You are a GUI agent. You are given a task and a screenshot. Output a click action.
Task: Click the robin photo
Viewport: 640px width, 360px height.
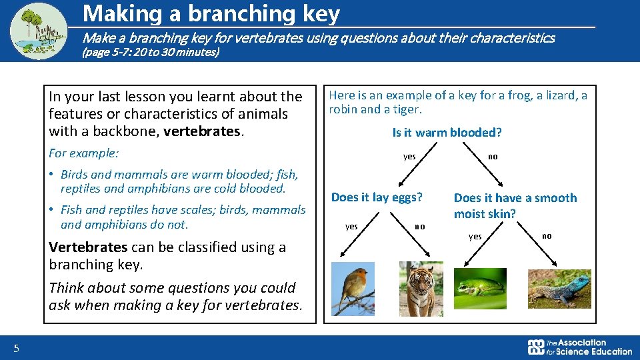[x=353, y=289]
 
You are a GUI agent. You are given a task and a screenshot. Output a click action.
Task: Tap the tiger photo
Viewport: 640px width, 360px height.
[x=421, y=289]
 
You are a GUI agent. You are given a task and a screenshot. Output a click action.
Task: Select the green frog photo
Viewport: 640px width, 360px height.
[x=480, y=289]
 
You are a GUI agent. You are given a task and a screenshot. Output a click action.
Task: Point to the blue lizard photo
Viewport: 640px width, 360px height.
[x=559, y=289]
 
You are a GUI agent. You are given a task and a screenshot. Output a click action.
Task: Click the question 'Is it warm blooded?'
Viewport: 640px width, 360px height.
[x=447, y=132]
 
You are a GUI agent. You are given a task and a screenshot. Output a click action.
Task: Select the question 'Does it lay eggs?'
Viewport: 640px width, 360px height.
[x=377, y=197]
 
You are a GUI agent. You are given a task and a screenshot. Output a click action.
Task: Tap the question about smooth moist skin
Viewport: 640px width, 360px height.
[x=515, y=206]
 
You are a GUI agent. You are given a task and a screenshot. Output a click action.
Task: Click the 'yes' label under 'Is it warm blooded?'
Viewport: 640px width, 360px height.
[x=409, y=157]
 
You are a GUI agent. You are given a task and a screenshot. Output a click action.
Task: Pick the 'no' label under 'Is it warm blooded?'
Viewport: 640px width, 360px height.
[x=493, y=157]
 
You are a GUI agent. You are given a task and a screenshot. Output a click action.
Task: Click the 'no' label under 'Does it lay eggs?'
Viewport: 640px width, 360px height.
[x=420, y=227]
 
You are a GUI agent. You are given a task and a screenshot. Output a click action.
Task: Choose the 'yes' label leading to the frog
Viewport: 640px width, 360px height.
[x=475, y=237]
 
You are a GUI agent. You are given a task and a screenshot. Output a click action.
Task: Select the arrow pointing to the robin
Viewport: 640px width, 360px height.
[x=359, y=234]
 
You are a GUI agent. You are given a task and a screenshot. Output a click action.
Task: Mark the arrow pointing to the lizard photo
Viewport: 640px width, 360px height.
[x=537, y=244]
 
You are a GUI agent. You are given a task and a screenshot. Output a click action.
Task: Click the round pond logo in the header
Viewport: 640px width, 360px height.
[x=39, y=31]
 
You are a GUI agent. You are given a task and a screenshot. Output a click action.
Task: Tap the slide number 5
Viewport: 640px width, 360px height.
[x=16, y=348]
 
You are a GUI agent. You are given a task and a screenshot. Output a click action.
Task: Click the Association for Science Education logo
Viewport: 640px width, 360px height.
[x=579, y=347]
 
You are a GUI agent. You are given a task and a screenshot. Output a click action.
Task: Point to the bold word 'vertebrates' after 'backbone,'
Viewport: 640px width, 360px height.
[x=201, y=131]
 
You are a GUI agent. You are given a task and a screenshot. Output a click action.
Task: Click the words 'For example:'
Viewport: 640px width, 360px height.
[x=84, y=153]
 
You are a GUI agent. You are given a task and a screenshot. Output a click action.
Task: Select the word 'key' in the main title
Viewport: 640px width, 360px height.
[x=321, y=14]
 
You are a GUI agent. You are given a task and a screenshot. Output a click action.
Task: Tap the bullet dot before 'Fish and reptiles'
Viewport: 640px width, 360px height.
[x=51, y=209]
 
